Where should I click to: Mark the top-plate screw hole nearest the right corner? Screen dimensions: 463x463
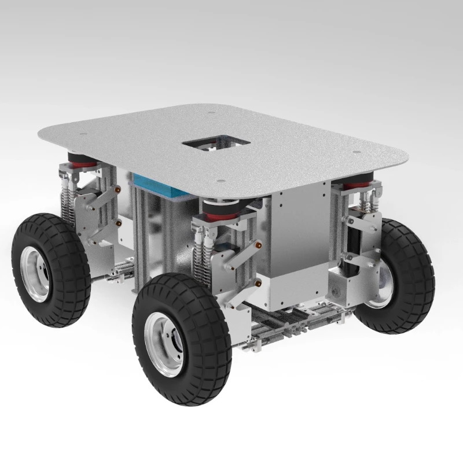(357, 153)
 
